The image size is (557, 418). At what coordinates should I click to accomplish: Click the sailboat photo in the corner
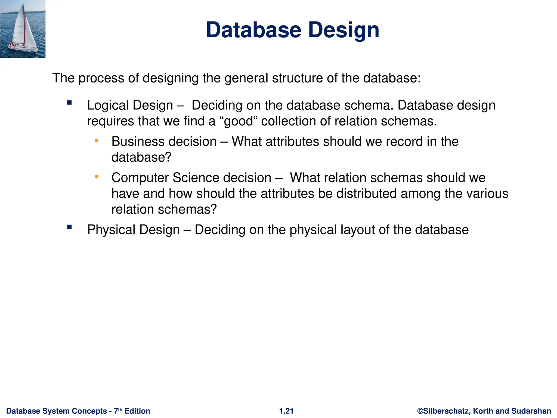[23, 29]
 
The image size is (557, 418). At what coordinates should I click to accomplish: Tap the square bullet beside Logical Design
[70, 103]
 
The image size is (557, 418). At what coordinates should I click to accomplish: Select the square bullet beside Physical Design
[70, 227]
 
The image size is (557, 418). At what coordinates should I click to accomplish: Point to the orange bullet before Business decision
[97, 141]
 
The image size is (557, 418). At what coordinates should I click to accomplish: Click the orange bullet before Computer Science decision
[97, 177]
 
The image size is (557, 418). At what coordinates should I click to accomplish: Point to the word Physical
[111, 230]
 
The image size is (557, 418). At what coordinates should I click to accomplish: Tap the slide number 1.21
[286, 411]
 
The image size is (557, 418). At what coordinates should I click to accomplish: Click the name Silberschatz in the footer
[446, 411]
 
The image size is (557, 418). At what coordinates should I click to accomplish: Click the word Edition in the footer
[137, 411]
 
